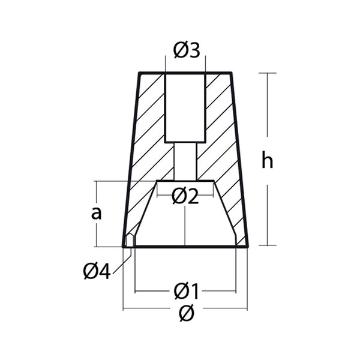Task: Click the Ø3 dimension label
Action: (185, 52)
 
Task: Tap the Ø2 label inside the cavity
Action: (185, 196)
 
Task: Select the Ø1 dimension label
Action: (186, 292)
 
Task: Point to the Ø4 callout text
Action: (97, 272)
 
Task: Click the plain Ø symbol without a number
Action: (186, 313)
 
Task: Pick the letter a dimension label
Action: (95, 212)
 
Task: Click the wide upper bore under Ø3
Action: (185, 108)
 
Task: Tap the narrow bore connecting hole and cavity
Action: (185, 161)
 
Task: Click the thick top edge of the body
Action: (185, 73)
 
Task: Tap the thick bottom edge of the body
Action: (185, 246)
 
